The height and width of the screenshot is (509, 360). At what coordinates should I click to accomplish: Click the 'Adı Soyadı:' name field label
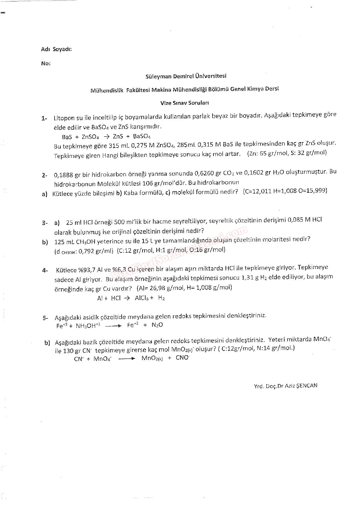[x=56, y=49]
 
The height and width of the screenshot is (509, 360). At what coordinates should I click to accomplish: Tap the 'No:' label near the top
[x=46, y=64]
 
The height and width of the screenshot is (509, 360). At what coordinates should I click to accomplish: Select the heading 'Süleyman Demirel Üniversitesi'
[x=186, y=76]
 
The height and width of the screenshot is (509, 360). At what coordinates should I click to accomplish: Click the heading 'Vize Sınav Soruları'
[x=185, y=103]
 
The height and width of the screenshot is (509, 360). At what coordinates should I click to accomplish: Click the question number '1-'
[x=44, y=118]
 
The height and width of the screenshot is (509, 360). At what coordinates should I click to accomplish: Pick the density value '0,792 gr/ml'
[x=96, y=251]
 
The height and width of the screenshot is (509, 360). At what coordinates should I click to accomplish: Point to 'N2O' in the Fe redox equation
[x=157, y=325]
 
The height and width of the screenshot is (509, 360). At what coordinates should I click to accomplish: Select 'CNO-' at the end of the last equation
[x=183, y=358]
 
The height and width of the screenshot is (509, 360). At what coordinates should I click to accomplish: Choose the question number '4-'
[x=45, y=270]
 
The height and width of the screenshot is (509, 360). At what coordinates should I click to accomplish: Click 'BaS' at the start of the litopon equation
[x=67, y=137]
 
